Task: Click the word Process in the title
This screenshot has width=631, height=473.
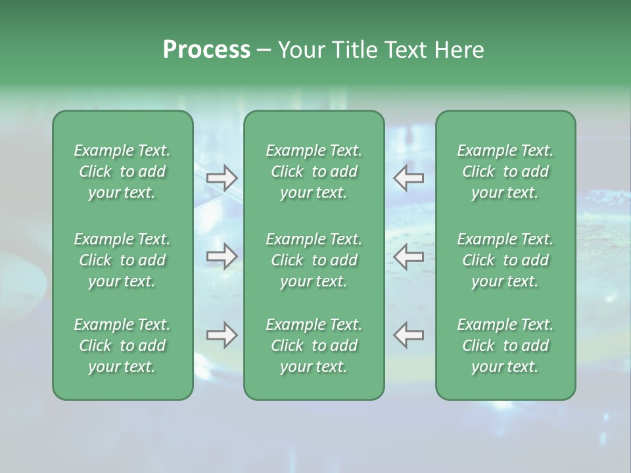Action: coord(206,50)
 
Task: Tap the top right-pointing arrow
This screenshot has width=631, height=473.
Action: coord(222,177)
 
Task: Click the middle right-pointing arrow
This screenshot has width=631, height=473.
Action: coord(222,256)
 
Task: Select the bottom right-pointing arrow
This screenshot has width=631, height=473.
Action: coord(222,335)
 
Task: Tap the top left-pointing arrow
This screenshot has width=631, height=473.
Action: coord(409,177)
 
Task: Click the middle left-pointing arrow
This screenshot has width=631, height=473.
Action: coord(409,256)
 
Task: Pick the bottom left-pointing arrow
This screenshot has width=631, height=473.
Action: coord(409,335)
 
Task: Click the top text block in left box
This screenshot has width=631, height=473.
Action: coord(122,171)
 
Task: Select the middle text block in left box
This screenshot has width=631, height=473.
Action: coord(122,260)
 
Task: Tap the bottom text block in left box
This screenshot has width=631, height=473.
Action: coord(122,346)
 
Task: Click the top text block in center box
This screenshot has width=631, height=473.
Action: coord(314,171)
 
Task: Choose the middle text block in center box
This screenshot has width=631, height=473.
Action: coord(314,260)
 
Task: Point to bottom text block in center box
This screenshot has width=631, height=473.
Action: coord(314,346)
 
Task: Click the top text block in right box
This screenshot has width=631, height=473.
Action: coord(505,171)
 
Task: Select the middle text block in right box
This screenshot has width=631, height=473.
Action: coord(505,260)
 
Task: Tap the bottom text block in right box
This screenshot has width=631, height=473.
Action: coord(505,346)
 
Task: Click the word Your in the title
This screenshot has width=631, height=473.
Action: coord(300,50)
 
